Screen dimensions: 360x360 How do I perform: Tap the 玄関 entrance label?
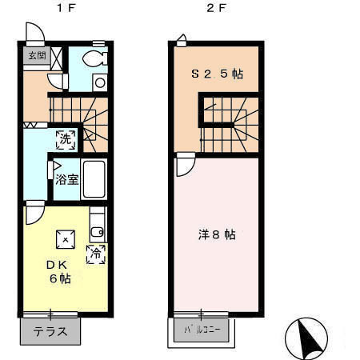37,55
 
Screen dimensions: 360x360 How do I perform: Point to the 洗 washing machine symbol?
66,138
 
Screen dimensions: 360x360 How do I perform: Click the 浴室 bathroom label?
66,179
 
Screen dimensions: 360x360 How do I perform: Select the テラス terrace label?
50,330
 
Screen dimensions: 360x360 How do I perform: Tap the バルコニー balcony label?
202,330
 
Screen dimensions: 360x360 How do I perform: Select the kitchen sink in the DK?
97,232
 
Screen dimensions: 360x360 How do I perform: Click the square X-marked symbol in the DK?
64,238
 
